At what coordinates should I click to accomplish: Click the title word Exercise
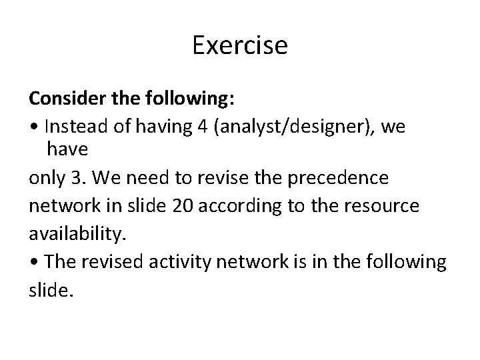(x=240, y=45)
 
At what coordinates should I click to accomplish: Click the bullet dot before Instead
(x=33, y=125)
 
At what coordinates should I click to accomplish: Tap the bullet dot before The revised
(x=33, y=261)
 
